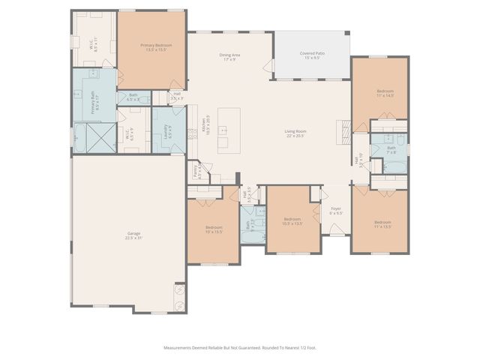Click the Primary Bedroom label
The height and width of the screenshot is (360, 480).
(157, 48)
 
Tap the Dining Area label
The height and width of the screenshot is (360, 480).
(229, 57)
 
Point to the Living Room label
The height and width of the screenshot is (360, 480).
(295, 133)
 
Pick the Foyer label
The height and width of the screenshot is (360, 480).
(336, 211)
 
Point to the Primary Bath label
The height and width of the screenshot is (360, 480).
(94, 101)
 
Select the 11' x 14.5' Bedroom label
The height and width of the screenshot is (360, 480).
(385, 93)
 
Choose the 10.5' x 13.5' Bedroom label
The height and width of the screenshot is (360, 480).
(292, 221)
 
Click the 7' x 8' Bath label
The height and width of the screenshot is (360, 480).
(391, 150)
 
